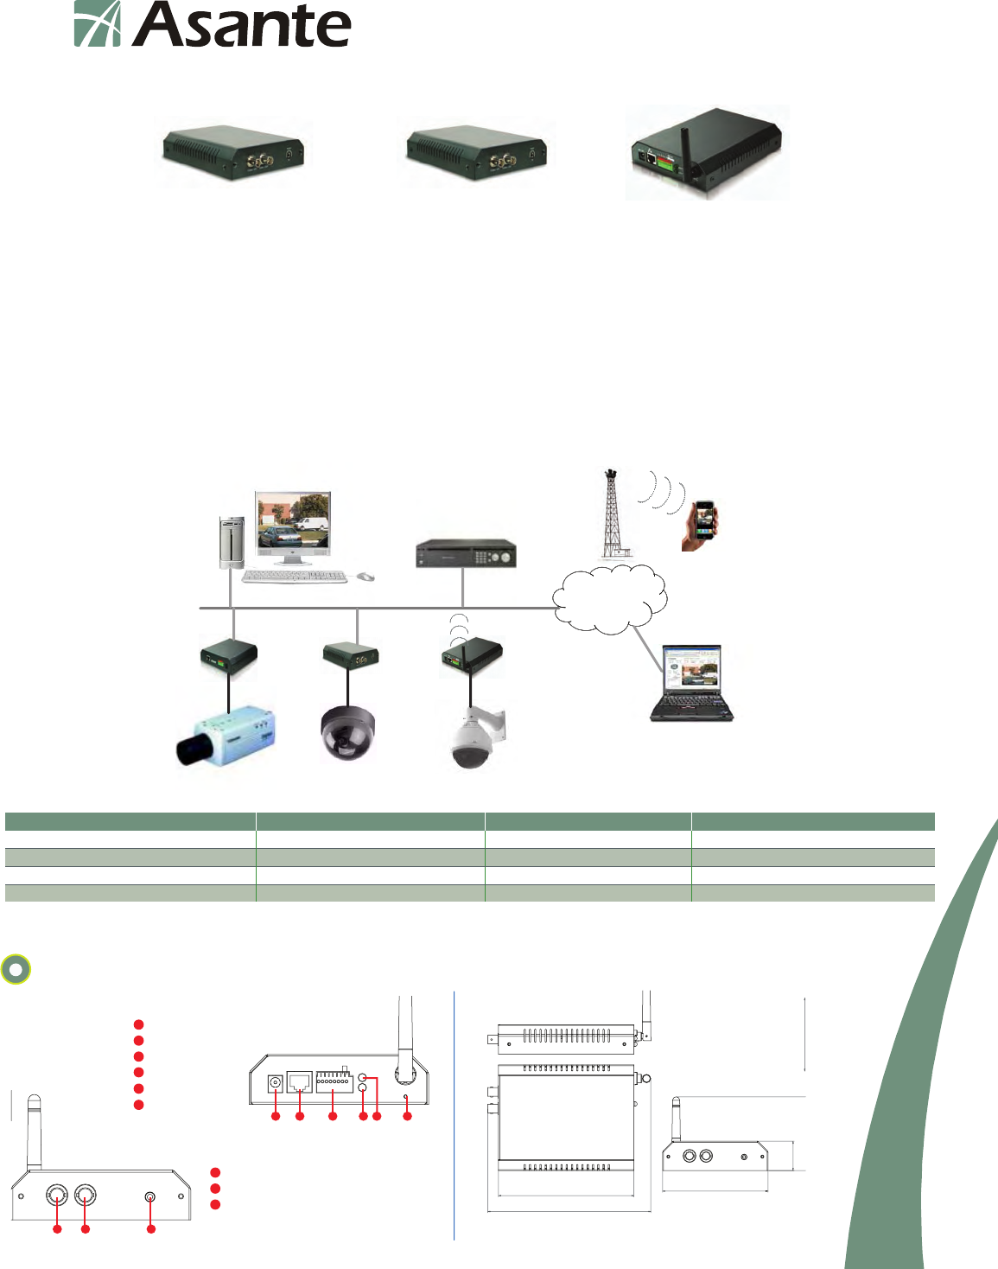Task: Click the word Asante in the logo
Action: [242, 25]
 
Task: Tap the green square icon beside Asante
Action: [97, 23]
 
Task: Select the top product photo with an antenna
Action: [707, 153]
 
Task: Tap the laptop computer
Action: [691, 683]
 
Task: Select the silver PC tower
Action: [231, 543]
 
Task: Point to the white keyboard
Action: [295, 577]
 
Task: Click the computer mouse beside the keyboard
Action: [366, 576]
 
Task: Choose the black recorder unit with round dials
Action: [466, 554]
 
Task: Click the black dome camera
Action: [347, 733]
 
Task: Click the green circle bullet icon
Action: [16, 970]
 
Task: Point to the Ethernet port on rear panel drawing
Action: [299, 1082]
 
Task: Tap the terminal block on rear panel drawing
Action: [334, 1081]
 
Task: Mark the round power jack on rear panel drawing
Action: [276, 1083]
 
